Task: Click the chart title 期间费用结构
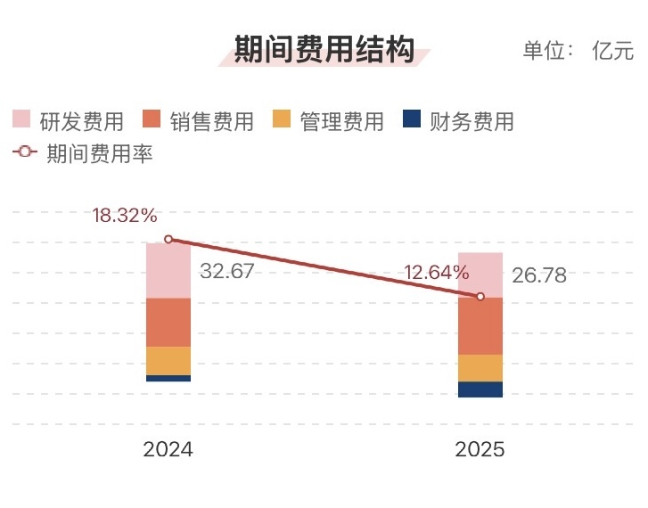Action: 324,50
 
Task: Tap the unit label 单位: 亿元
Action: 578,51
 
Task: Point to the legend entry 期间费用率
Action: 84,153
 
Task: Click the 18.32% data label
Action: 125,216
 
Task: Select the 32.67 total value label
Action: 226,271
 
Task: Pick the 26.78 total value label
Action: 539,275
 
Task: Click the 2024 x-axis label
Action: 168,449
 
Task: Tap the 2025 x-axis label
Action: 480,449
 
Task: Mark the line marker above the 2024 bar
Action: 168,240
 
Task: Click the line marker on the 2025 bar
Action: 480,296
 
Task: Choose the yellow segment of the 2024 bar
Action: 168,360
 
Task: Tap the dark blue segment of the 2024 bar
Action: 168,378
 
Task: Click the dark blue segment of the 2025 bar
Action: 480,389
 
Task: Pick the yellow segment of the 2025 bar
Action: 480,368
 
